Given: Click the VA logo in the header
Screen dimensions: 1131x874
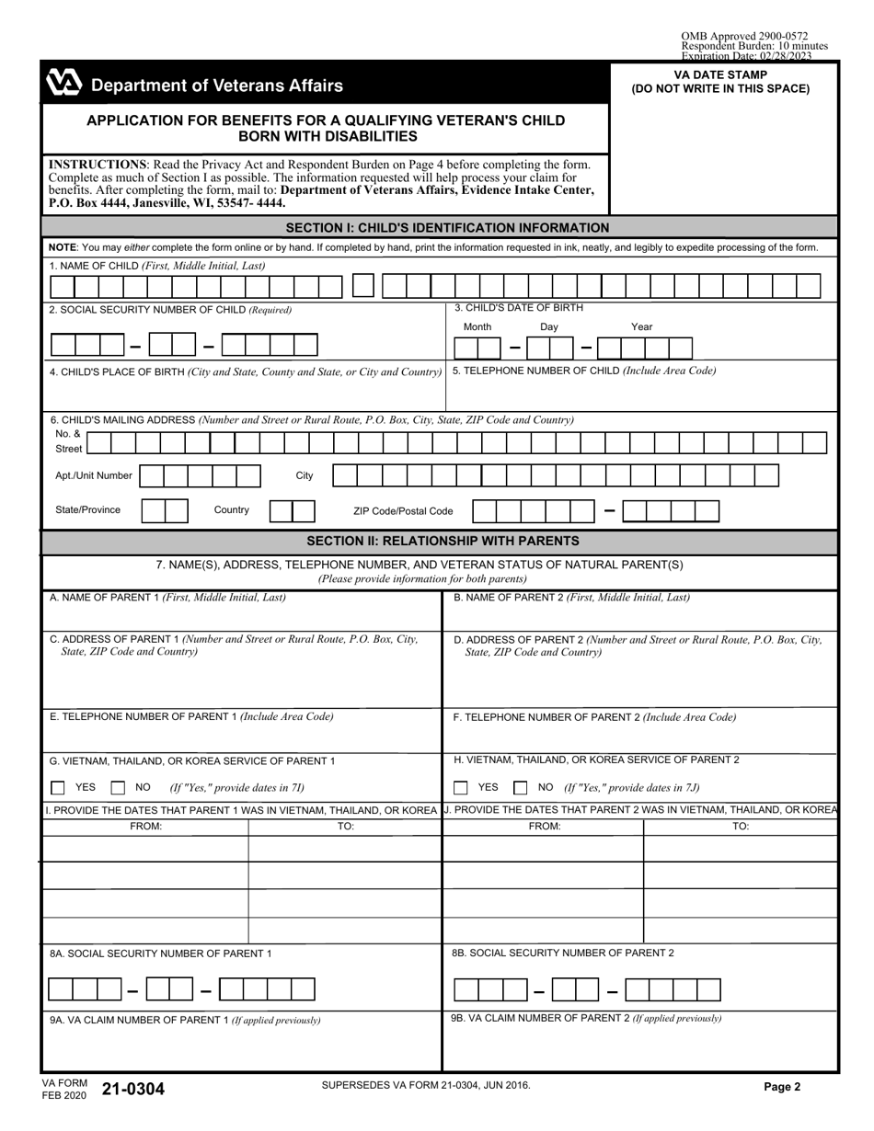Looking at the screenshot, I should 63,85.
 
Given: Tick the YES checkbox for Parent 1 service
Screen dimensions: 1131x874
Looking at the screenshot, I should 58,788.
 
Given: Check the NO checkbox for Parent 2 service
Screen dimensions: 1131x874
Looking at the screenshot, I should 520,788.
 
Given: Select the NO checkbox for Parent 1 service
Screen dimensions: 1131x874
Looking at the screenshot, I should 118,788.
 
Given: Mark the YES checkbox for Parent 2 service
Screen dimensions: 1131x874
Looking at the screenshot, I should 460,788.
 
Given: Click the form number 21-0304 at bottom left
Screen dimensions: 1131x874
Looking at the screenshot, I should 134,1090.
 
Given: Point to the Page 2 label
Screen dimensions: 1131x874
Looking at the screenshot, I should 782,1086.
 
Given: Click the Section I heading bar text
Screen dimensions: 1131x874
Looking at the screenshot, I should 447,228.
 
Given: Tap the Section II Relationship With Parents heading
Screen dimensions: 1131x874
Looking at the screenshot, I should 443,541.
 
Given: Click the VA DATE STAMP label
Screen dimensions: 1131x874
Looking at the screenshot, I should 720,75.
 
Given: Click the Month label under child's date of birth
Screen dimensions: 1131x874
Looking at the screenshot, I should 477,327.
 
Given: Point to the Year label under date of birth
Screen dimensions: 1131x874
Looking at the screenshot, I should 641,327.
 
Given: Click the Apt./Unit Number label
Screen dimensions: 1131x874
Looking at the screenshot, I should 94,476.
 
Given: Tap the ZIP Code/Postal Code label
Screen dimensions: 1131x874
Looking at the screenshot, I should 403,511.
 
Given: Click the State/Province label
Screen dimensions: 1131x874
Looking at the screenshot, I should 87,510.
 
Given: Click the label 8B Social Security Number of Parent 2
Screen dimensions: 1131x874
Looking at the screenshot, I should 562,953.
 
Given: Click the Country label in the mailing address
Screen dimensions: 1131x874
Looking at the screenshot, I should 232,510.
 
